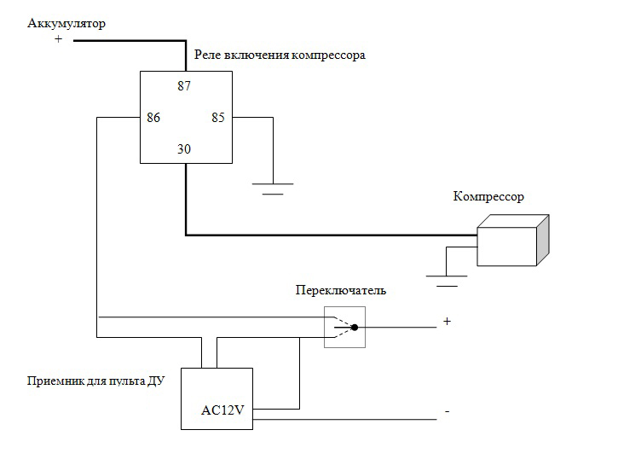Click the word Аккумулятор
pos(66,23)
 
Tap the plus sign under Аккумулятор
pos(58,40)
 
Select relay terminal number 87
pos(184,85)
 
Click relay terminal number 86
pos(153,118)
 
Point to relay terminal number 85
pos(217,118)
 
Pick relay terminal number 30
pos(184,149)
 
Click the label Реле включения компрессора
pos(280,55)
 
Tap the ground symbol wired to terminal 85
pos(273,187)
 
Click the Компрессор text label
pos(488,197)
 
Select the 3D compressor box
pos(510,244)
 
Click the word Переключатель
pos(340,290)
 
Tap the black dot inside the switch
pos(354,327)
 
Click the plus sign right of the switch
pos(446,322)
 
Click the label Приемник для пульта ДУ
pos(95,381)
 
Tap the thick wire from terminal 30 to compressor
pos(324,235)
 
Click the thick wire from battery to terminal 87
pos(128,40)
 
